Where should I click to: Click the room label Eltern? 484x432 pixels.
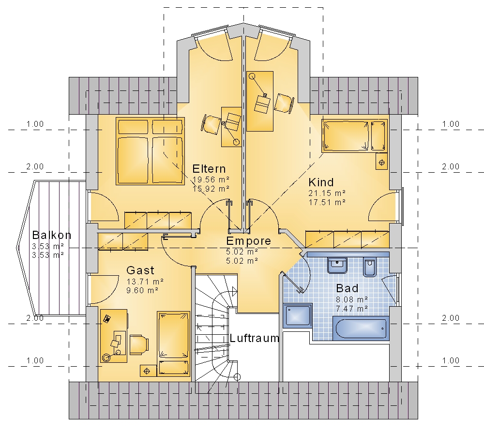[209, 169]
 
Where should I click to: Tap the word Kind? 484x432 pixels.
[321, 182]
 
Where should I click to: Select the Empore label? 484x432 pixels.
[248, 241]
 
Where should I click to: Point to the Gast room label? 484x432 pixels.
[140, 270]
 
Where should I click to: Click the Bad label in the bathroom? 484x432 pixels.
[347, 288]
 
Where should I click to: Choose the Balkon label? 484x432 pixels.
[52, 235]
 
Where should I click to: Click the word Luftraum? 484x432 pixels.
[255, 338]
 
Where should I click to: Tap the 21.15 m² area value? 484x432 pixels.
[327, 193]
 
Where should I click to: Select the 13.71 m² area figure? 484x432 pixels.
[145, 282]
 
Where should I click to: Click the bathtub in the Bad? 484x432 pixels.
[361, 328]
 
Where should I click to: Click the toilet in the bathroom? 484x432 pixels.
[369, 267]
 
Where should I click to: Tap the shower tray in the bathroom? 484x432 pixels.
[298, 315]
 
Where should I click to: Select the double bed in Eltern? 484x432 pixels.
[151, 151]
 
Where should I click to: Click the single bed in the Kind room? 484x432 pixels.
[354, 136]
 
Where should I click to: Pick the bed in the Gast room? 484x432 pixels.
[173, 344]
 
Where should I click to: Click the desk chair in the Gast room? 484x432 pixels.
[139, 344]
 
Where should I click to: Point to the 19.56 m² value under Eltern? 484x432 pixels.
[211, 179]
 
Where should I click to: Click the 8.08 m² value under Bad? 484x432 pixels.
[352, 299]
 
